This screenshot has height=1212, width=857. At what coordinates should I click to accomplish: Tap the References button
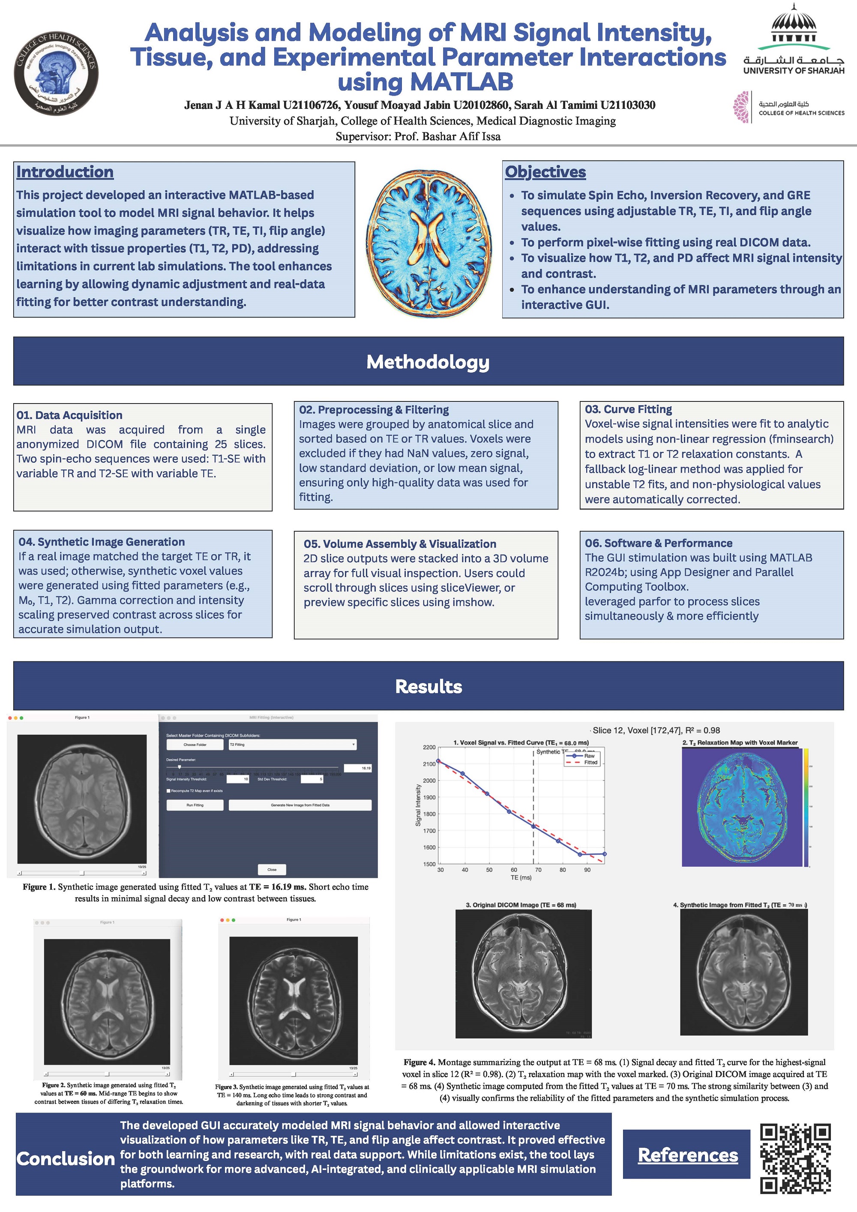[x=687, y=1155]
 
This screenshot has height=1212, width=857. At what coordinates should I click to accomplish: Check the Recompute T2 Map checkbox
[x=168, y=791]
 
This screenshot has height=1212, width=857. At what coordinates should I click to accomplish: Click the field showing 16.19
[x=359, y=768]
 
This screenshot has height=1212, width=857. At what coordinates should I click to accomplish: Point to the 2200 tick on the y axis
[x=429, y=748]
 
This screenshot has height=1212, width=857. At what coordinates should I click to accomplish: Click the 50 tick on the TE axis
[x=489, y=870]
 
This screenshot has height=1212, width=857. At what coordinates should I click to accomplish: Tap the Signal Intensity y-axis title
[x=418, y=805]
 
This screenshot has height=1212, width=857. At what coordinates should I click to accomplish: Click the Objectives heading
[x=545, y=172]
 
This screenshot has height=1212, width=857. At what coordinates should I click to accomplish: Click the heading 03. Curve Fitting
[x=628, y=409]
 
